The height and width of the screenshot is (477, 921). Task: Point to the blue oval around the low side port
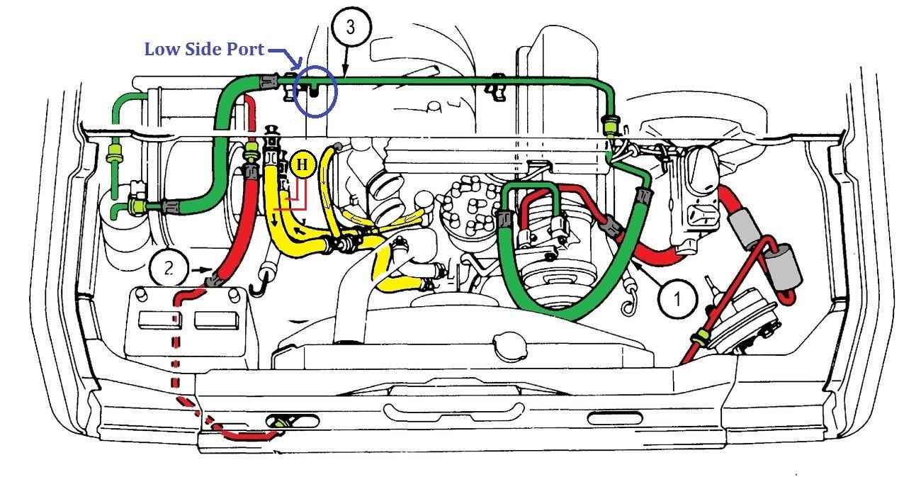point(315,91)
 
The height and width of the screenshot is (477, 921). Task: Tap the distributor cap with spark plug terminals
point(470,204)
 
